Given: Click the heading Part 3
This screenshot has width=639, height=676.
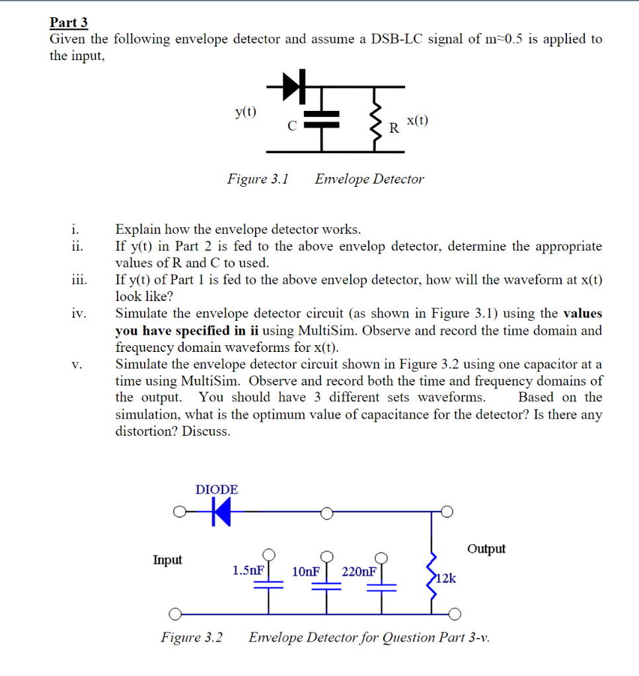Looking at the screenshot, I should click(x=69, y=22).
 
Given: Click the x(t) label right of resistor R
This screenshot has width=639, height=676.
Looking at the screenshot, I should click(x=417, y=120).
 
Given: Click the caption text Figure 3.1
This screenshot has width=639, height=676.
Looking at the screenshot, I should click(x=258, y=179).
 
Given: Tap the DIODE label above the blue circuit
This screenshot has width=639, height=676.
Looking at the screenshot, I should click(x=217, y=490).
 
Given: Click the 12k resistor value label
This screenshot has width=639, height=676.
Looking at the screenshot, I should click(x=446, y=578).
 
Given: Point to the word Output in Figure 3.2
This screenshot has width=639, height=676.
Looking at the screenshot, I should click(x=486, y=549).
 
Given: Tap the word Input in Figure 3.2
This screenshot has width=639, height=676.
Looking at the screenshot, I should click(x=167, y=560).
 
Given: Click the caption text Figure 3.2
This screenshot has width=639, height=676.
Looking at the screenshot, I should click(x=192, y=638).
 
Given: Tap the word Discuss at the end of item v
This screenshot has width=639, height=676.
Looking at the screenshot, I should click(x=206, y=431).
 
